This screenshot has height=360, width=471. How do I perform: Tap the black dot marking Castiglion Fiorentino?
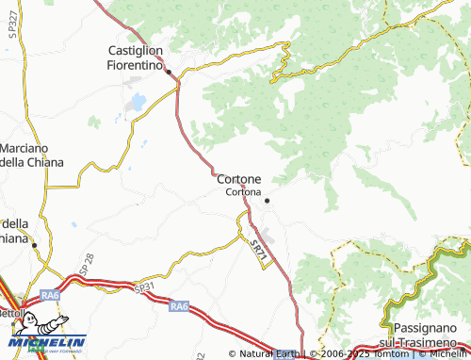tap(169, 72)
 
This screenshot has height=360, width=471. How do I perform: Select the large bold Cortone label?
tap(238, 179)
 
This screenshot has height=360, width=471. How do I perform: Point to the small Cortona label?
tap(244, 192)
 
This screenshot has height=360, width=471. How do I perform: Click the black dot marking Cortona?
tap(267, 200)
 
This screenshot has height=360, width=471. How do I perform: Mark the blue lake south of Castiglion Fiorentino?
tap(138, 101)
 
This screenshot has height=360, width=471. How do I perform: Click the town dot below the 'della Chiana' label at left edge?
tap(35, 245)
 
